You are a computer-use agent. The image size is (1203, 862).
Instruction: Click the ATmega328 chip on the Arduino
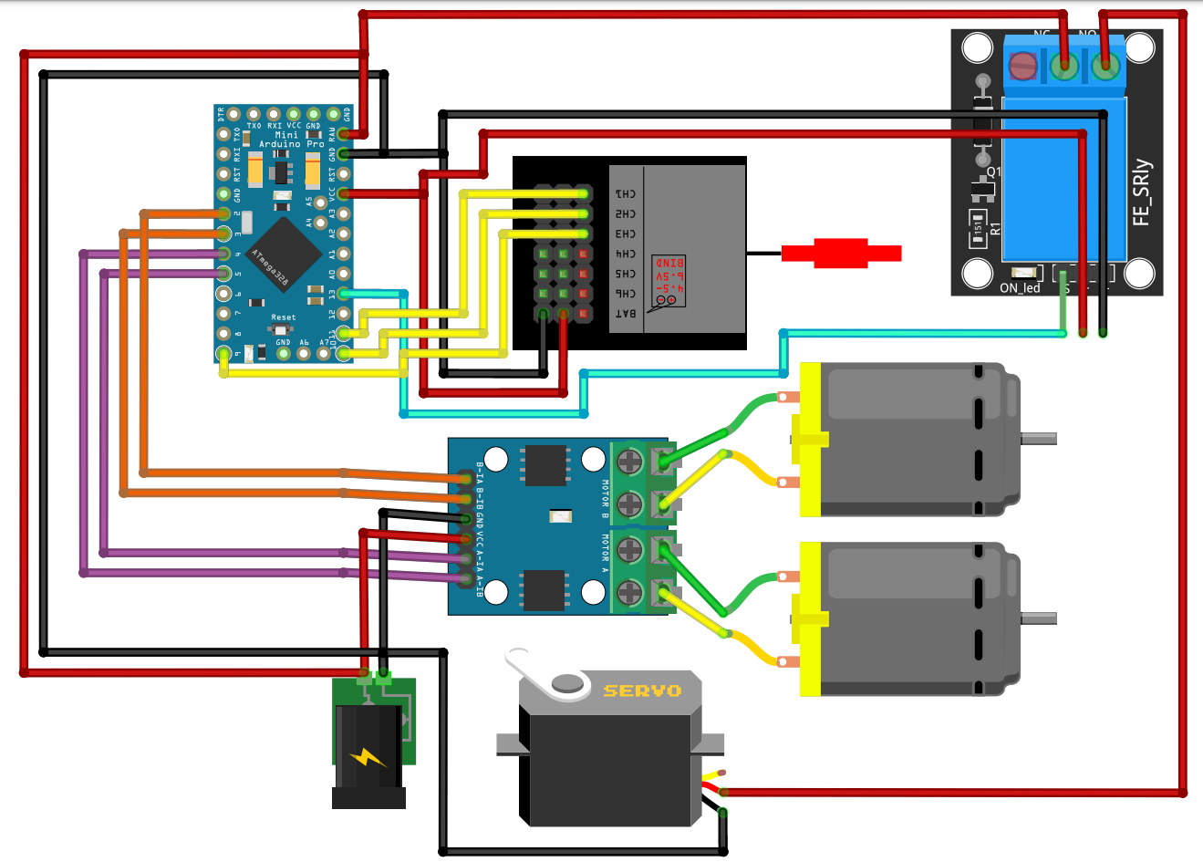tap(283, 250)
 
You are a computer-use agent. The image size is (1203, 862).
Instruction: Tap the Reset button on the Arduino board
tap(283, 328)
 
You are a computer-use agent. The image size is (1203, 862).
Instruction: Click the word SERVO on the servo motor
tap(642, 691)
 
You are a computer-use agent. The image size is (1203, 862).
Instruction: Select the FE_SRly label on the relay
tap(1142, 193)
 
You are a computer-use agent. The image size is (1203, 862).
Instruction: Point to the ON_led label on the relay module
tap(1020, 288)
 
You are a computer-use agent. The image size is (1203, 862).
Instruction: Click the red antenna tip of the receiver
tap(841, 253)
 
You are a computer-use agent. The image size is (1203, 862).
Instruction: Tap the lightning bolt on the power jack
tap(368, 756)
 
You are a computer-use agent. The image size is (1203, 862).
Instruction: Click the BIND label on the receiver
tap(670, 263)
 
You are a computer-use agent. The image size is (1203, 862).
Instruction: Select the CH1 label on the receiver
tap(625, 193)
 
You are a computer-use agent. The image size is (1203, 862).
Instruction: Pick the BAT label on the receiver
tap(625, 314)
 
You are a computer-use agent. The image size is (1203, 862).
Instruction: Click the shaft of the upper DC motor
tap(1039, 439)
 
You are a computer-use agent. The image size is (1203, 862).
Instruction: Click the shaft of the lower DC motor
tap(1039, 618)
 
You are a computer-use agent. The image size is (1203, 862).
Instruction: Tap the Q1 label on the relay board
tap(993, 171)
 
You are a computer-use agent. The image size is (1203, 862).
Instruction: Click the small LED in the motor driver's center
tap(560, 517)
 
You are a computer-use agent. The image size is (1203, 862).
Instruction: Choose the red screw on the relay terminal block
tap(1023, 66)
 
